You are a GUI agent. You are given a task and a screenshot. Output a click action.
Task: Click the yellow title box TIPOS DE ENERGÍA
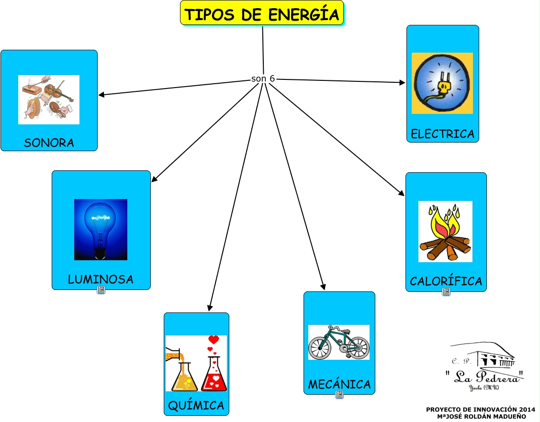pyautogui.click(x=262, y=14)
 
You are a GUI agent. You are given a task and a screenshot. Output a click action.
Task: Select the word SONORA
pyautogui.click(x=49, y=143)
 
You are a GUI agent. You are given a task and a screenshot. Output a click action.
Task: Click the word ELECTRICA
pyautogui.click(x=442, y=134)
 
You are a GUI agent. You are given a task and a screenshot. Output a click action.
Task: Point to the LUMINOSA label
pyautogui.click(x=101, y=279)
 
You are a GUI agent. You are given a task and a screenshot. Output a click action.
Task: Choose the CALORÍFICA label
pyautogui.click(x=446, y=281)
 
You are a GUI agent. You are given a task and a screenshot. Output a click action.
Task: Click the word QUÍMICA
pyautogui.click(x=196, y=406)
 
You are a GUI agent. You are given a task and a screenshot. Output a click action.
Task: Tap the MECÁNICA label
pyautogui.click(x=339, y=384)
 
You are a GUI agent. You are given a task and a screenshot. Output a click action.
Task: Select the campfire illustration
pyautogui.click(x=445, y=232)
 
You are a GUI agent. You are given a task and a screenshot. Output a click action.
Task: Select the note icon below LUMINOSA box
pyautogui.click(x=101, y=290)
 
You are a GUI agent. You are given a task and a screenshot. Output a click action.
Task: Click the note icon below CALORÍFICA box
pyautogui.click(x=446, y=292)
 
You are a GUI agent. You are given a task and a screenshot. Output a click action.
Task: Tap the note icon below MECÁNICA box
pyautogui.click(x=339, y=395)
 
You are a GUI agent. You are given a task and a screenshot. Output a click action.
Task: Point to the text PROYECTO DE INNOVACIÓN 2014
pyautogui.click(x=480, y=410)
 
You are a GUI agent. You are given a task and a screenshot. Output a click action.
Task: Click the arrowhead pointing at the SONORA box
pyautogui.click(x=101, y=95)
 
